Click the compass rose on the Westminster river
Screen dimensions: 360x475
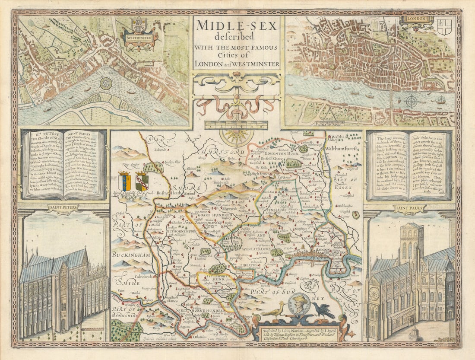pyautogui.click(x=105, y=83)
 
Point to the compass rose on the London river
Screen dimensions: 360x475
pyautogui.click(x=412, y=101)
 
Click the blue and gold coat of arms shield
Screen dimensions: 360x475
pyautogui.click(x=125, y=181)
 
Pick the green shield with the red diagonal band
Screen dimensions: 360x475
pyautogui.click(x=142, y=181)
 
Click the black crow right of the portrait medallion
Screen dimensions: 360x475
pyautogui.click(x=323, y=310)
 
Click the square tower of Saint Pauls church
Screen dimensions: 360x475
pyautogui.click(x=411, y=244)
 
